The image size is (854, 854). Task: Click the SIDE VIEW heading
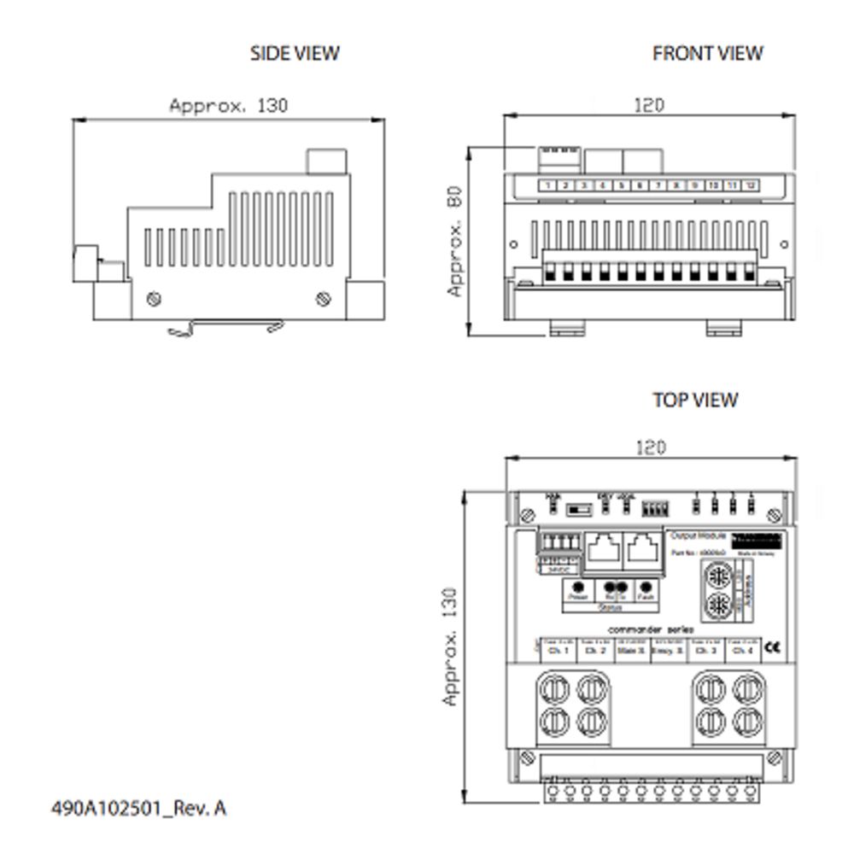point(295,53)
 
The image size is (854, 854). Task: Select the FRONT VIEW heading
point(707,53)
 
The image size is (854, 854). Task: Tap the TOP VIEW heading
point(695,400)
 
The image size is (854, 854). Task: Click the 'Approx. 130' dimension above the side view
point(229,106)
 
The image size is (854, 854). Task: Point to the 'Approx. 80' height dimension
point(454,241)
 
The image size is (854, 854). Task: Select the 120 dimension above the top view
point(651,447)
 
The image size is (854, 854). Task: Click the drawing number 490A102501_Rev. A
point(139,807)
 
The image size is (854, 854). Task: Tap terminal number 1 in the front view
point(547,185)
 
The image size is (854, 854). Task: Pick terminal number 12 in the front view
point(751,185)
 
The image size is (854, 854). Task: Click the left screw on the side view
point(155,298)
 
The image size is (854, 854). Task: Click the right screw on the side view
point(323,298)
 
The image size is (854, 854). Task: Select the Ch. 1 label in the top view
point(556,650)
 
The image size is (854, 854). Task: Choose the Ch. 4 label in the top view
point(740,650)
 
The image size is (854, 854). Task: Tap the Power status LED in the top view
point(579,588)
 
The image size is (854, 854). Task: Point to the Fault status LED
point(646,588)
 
